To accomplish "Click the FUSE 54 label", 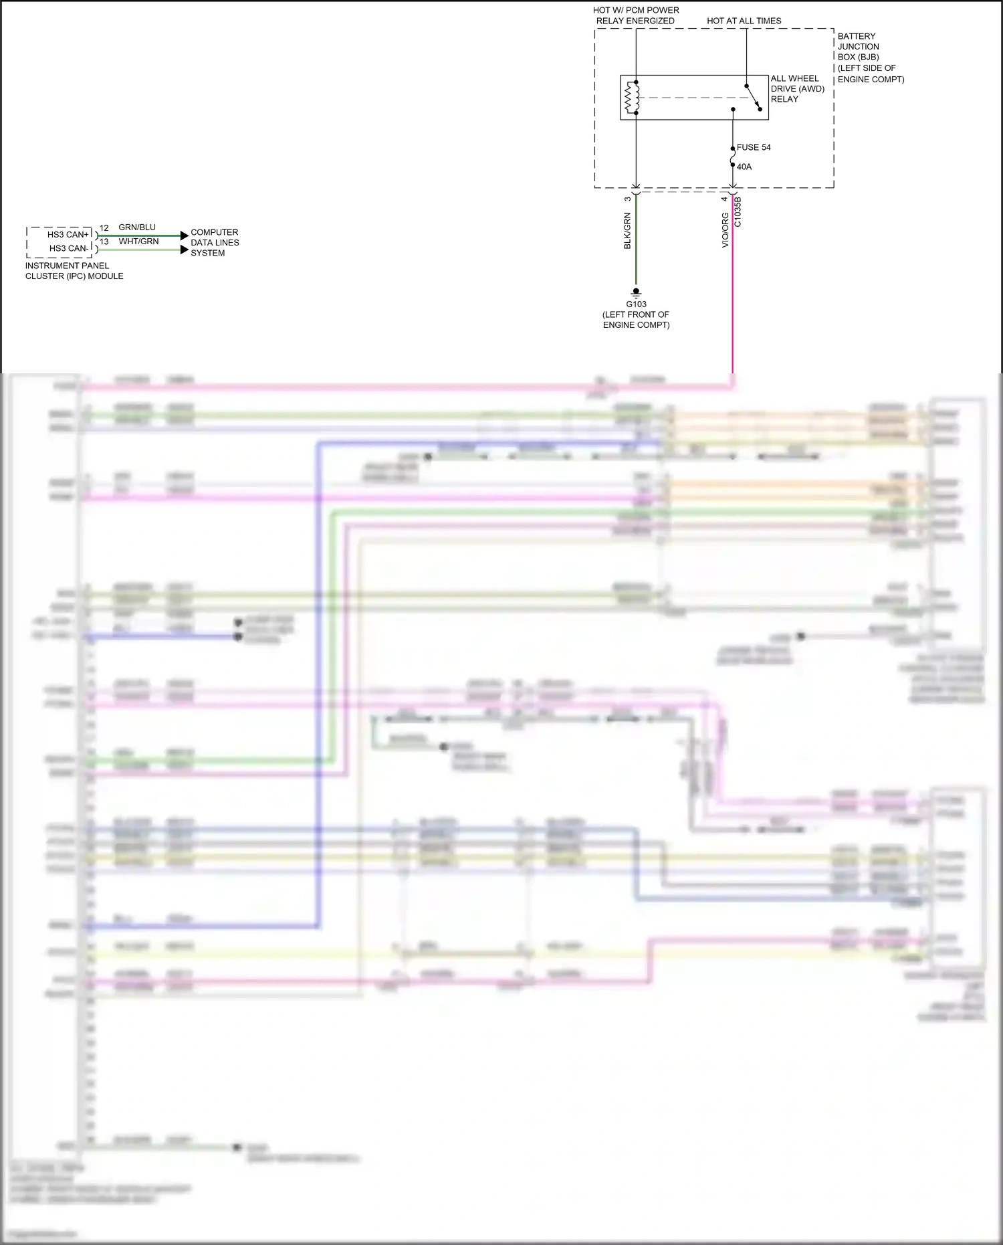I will pyautogui.click(x=754, y=147).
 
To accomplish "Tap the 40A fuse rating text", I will pyautogui.click(x=744, y=167).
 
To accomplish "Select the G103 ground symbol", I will pyautogui.click(x=636, y=292).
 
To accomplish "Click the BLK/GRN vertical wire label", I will pyautogui.click(x=627, y=231).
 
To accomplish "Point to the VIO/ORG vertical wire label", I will pyautogui.click(x=725, y=231).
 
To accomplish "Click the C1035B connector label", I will pyautogui.click(x=738, y=212).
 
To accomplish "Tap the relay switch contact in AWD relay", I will pyautogui.click(x=753, y=98).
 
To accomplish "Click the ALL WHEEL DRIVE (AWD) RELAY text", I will pyautogui.click(x=797, y=88).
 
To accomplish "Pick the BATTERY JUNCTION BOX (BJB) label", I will pyautogui.click(x=869, y=58).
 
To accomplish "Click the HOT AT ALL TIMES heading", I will pyautogui.click(x=744, y=21).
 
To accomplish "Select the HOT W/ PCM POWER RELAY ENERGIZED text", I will pyautogui.click(x=635, y=15).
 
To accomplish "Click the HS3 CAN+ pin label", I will pyautogui.click(x=68, y=234).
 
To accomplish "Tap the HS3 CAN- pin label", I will pyautogui.click(x=68, y=248).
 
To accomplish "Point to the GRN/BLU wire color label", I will pyautogui.click(x=137, y=227).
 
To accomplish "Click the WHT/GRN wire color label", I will pyautogui.click(x=138, y=242).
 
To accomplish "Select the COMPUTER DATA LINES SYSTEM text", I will pyautogui.click(x=215, y=242).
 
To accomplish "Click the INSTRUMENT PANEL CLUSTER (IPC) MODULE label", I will pyautogui.click(x=74, y=271).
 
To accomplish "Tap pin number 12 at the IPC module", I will pyautogui.click(x=104, y=228).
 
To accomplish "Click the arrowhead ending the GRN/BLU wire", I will pyautogui.click(x=185, y=235).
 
